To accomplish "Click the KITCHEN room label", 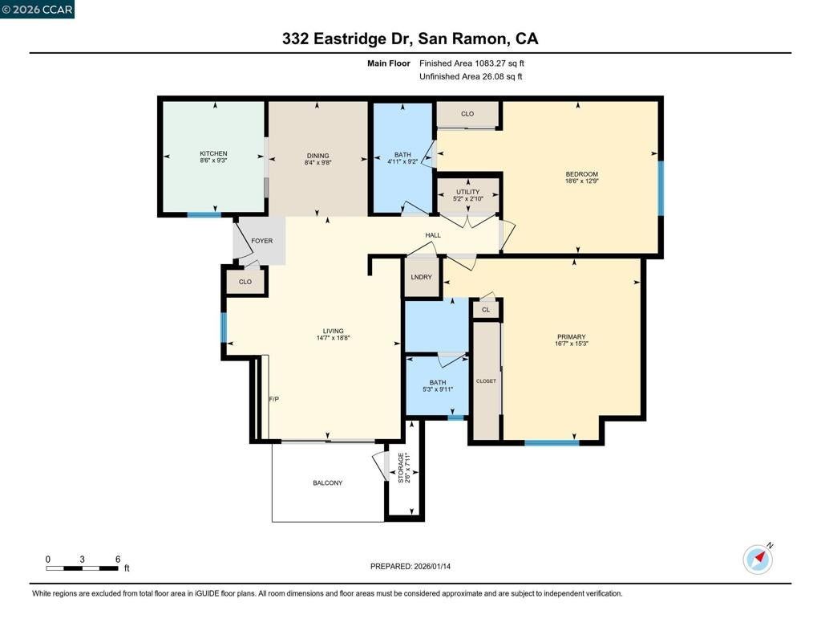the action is pos(213,153).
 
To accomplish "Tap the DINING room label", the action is pos(317,156).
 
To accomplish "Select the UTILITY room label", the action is pos(467,192).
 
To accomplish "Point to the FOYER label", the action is pos(262,241).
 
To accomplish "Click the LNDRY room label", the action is pos(422,277).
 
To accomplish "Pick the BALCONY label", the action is pos(328,483).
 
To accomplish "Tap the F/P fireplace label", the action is pos(274,399).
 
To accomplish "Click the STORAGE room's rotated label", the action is pos(401,468).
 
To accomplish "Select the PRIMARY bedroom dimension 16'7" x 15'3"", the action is pos(571,344).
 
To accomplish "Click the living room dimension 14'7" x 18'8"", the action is pos(333,338).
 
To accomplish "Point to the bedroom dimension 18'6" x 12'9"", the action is pos(582,181).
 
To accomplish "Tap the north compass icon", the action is pos(758,559).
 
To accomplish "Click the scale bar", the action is pos(83,568).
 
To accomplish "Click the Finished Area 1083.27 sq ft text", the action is pos(471,63).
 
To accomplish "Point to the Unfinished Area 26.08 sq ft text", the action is pos(471,76).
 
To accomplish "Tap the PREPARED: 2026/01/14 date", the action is pos(410,566).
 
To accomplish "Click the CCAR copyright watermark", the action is pos(37,10).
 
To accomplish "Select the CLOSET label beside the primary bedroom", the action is pos(486,381).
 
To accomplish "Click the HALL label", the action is pos(433,235).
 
